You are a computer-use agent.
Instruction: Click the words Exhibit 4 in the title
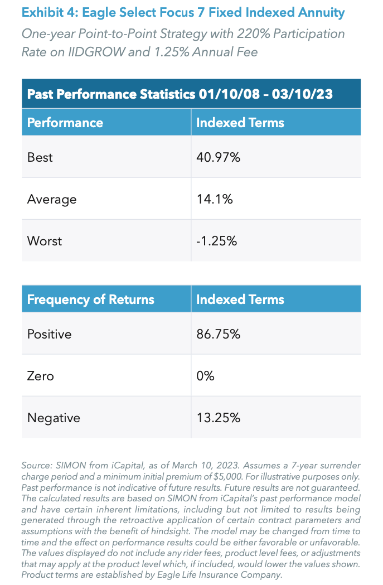point(48,13)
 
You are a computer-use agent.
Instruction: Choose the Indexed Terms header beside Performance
point(240,123)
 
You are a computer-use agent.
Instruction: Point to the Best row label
point(40,157)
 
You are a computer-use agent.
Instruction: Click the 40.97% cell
point(218,157)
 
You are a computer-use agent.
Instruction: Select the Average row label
point(51,199)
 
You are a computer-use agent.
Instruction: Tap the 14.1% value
point(215,199)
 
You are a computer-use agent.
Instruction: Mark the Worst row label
point(45,241)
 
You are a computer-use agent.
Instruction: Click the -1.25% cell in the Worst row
point(217,241)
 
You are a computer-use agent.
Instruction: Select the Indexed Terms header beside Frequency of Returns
point(240,299)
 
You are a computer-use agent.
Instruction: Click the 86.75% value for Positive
point(218,334)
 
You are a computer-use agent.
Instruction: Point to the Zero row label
point(41,376)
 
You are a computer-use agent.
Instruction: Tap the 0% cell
point(205,376)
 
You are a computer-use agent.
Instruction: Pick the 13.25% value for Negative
point(218,418)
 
